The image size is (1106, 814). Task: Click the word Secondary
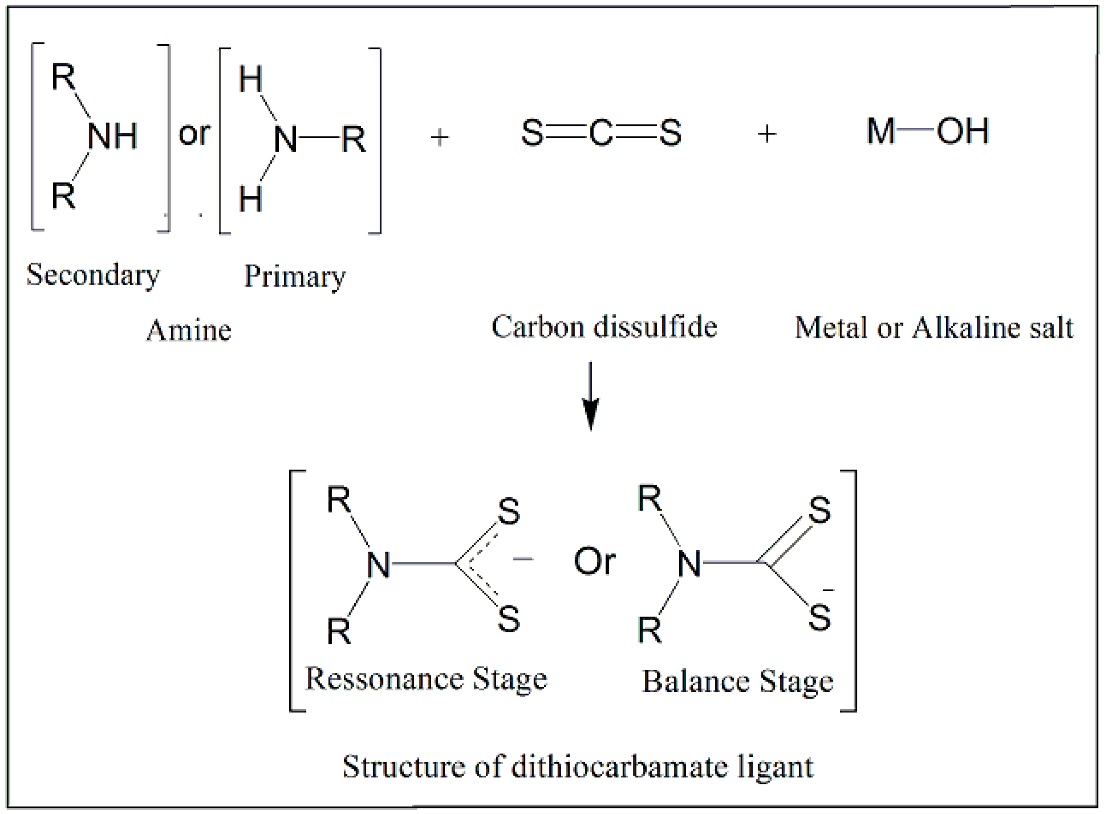(93, 275)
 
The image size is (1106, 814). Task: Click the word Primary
(294, 277)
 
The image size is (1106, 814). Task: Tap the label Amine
(189, 330)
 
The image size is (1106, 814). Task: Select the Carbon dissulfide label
(604, 327)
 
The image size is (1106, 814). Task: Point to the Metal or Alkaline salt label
(934, 328)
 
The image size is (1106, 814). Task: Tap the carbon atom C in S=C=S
(600, 133)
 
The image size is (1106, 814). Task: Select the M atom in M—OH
(881, 132)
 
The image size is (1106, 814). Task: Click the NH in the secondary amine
(112, 136)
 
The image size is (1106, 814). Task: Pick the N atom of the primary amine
(285, 140)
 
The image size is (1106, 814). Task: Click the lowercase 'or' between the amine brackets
(194, 133)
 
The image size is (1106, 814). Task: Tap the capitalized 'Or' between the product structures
(594, 562)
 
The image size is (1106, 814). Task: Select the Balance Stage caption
(737, 682)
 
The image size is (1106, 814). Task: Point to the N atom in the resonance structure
(378, 565)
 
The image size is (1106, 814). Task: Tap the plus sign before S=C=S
(440, 137)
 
